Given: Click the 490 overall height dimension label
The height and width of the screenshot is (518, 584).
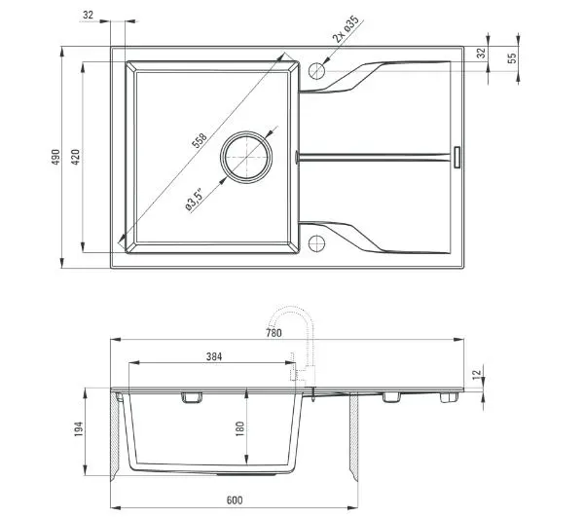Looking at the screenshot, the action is pos(55,157).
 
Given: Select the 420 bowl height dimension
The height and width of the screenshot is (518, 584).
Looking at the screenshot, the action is pos(75,157).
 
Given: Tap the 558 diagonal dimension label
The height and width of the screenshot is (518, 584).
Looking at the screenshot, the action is pos(199,140).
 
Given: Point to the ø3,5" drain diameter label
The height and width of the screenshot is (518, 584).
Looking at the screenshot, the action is pos(195,201).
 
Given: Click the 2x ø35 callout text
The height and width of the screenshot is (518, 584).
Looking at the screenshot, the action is pos(346,29).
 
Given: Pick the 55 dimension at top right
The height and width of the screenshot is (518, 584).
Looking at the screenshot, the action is pos(512,57).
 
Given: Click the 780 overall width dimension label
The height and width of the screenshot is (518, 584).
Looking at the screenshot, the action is pos(274,333).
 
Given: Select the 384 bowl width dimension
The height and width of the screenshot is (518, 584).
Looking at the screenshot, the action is pos(214,356).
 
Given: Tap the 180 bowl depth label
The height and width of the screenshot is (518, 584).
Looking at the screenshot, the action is pos(239,428).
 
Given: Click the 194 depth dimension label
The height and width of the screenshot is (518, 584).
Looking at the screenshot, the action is pos(78,429).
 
